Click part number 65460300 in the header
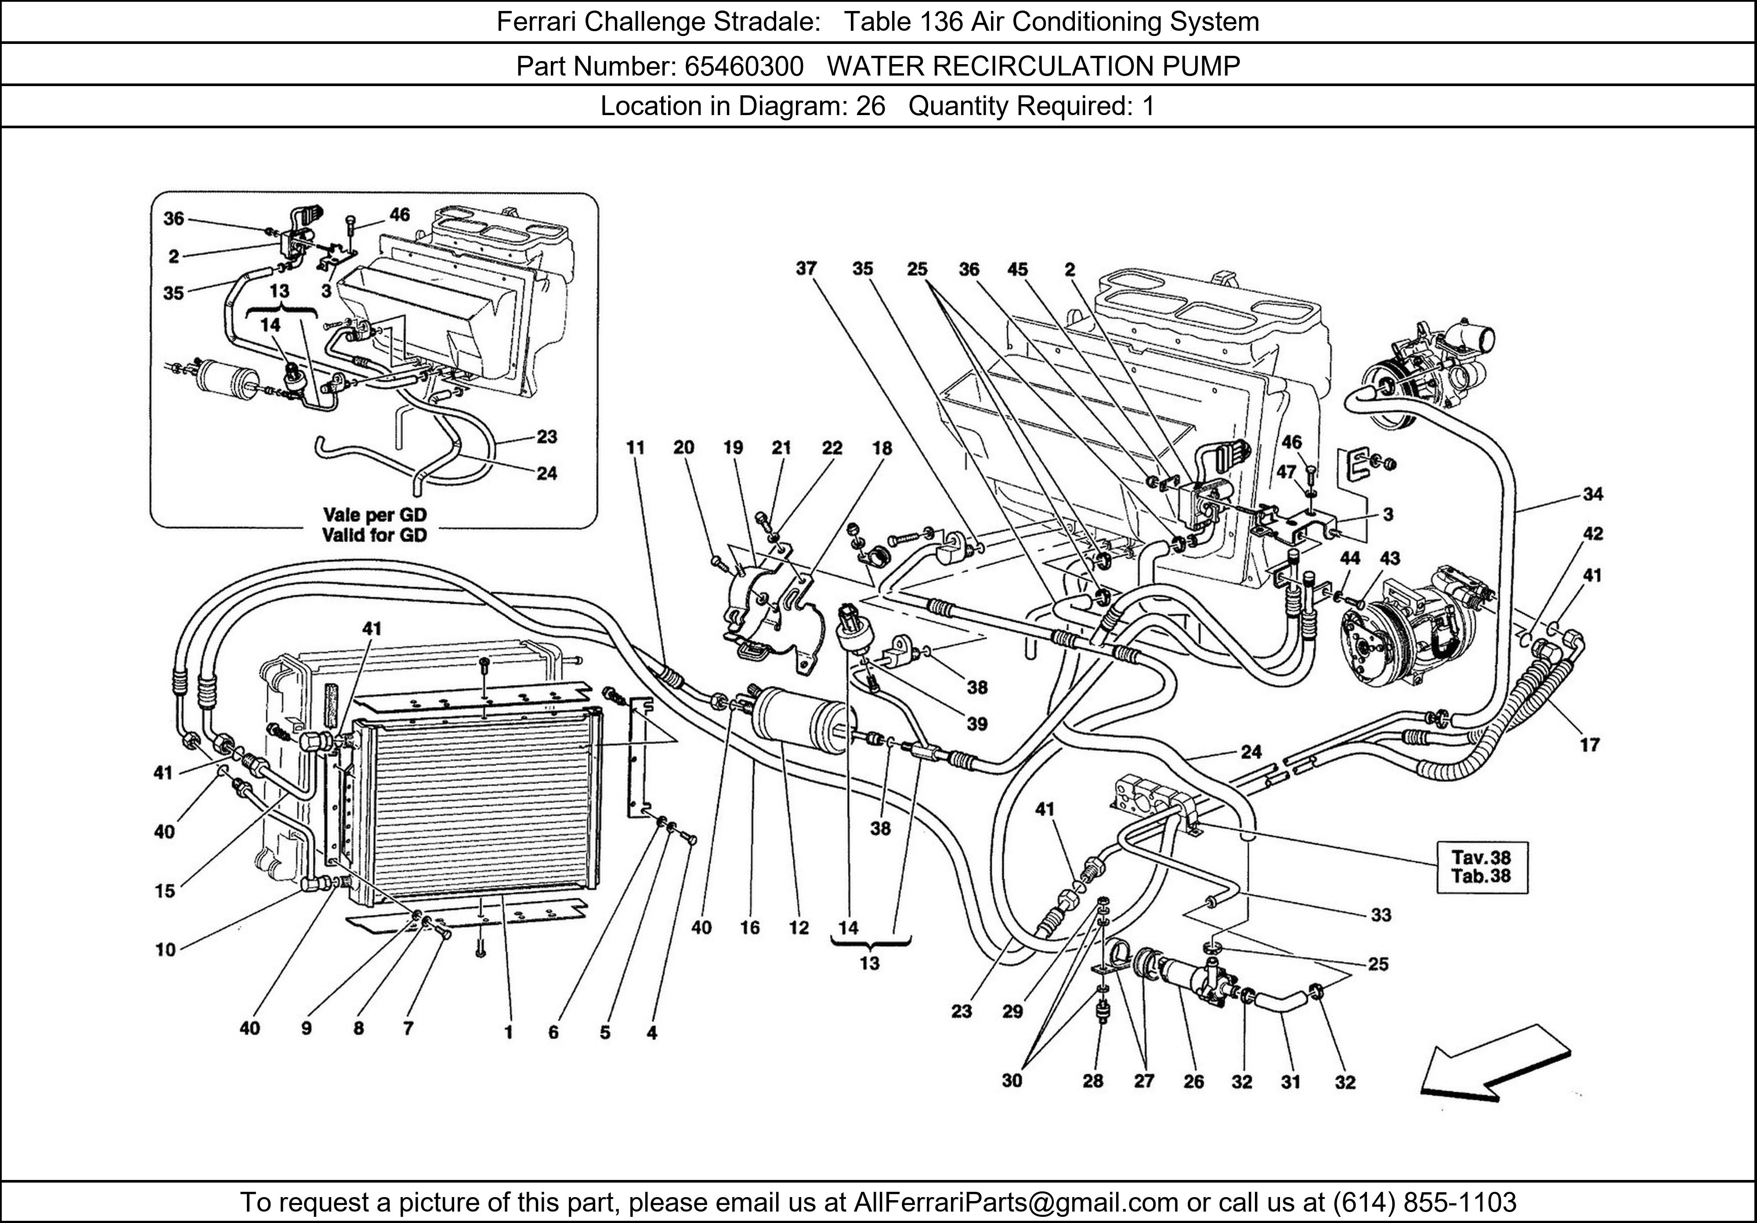pyautogui.click(x=743, y=67)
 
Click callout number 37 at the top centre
pyautogui.click(x=806, y=269)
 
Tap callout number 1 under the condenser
pyautogui.click(x=508, y=1032)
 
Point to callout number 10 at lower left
pyautogui.click(x=165, y=950)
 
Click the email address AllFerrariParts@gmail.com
pyautogui.click(x=1016, y=1202)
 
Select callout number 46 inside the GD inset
pyautogui.click(x=399, y=215)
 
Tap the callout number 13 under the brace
pyautogui.click(x=869, y=963)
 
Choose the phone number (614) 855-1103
pyautogui.click(x=1424, y=1202)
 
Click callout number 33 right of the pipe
pyautogui.click(x=1381, y=915)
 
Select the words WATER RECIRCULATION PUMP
pyautogui.click(x=1033, y=67)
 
